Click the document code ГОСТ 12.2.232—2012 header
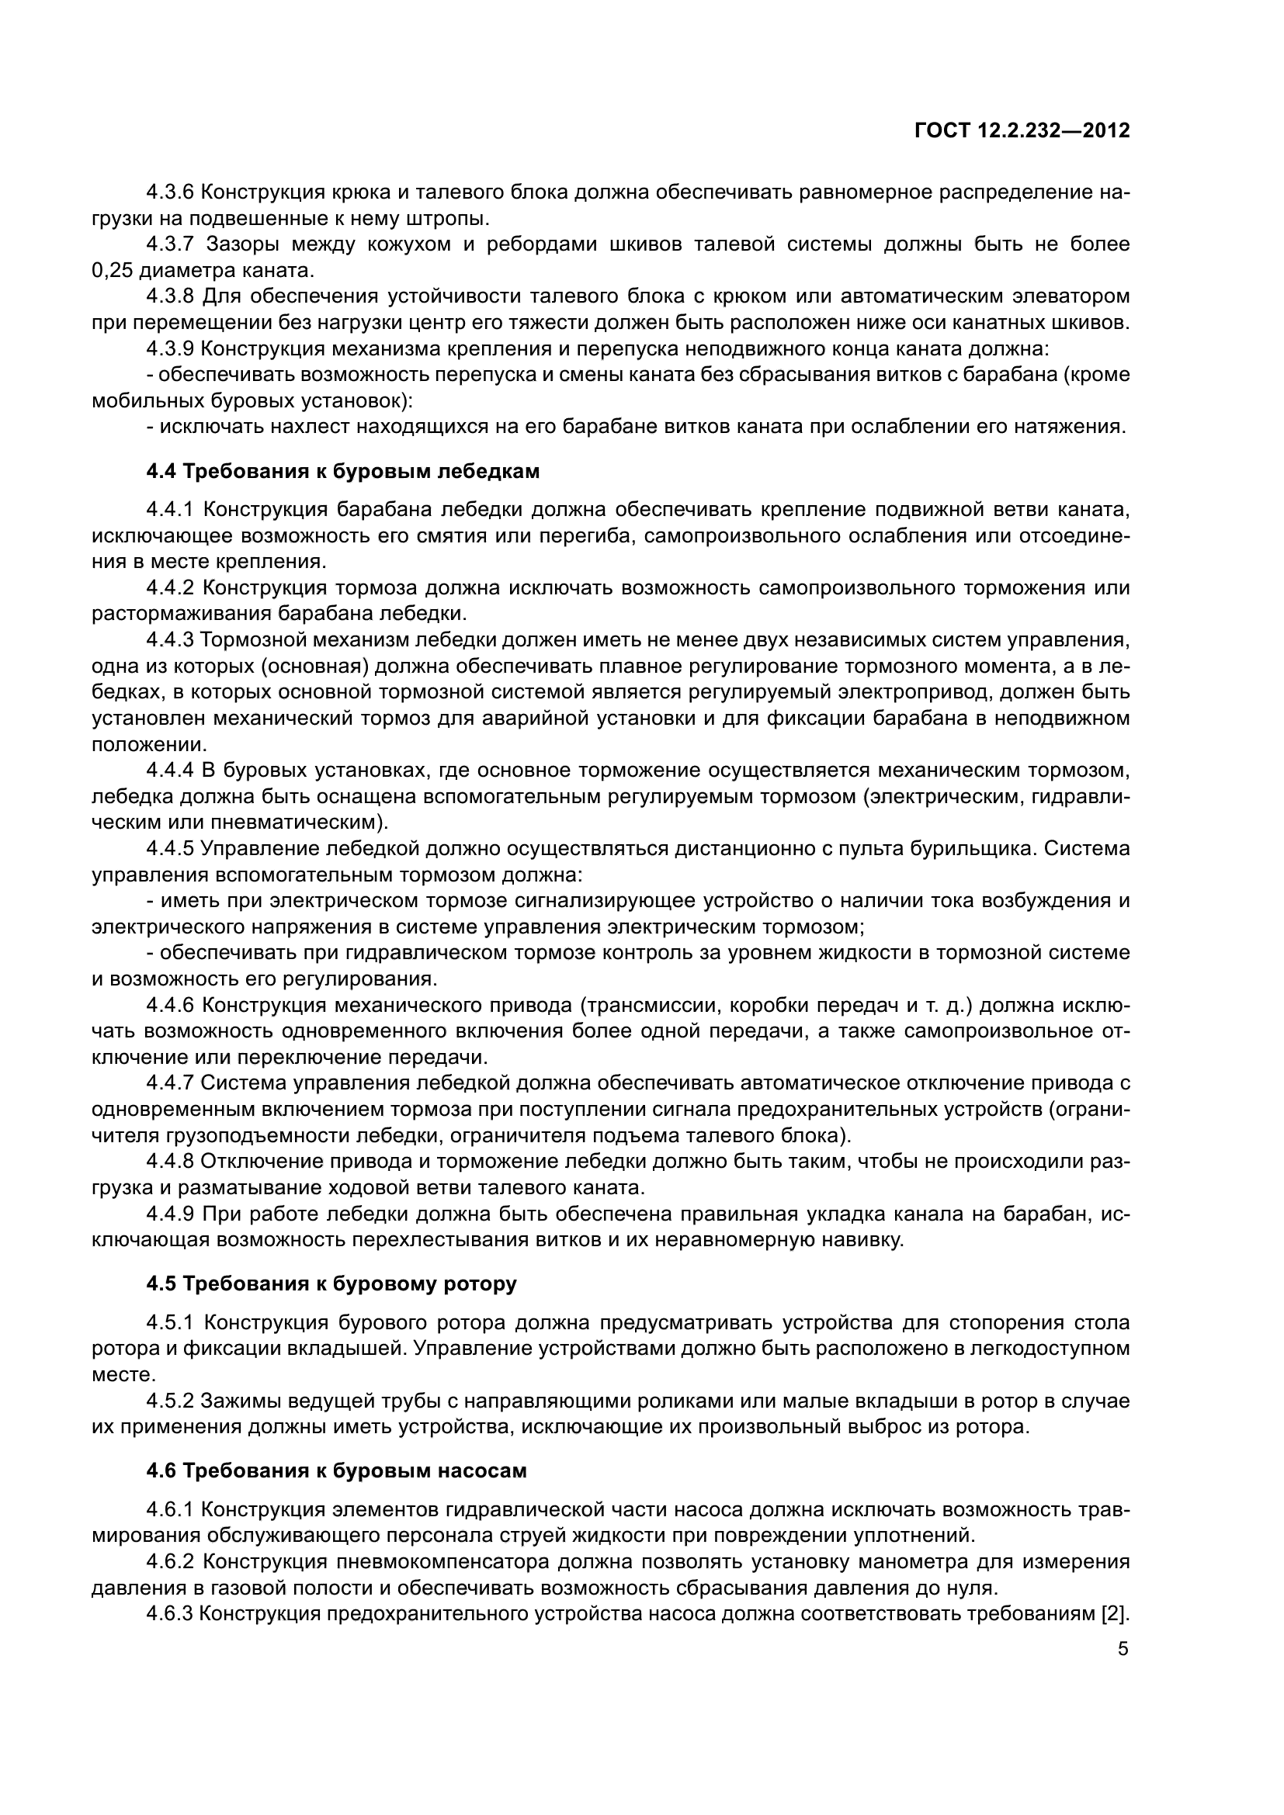pos(1022,130)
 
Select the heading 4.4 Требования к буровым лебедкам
pos(342,472)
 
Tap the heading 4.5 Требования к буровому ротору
pos(331,1283)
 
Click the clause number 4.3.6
pos(170,192)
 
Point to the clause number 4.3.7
pos(171,244)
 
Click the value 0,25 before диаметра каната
pos(112,270)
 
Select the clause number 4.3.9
pos(170,348)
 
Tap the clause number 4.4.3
pos(170,639)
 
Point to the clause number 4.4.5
pos(170,849)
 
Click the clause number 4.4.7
pos(170,1083)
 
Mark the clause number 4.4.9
pos(171,1214)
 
